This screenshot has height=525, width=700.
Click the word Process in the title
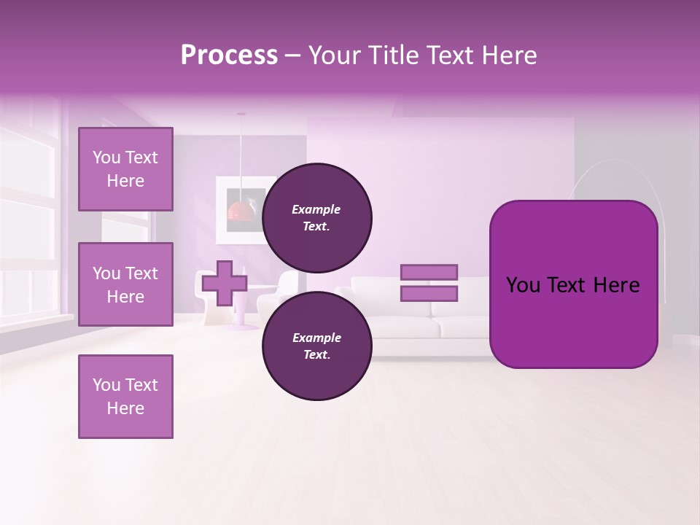pos(229,55)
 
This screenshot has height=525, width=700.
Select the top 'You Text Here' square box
pos(125,169)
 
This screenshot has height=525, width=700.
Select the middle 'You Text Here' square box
pos(125,284)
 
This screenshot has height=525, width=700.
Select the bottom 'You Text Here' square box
pos(125,397)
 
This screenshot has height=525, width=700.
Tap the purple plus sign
pos(225,283)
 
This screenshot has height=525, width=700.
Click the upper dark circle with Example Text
pos(317,217)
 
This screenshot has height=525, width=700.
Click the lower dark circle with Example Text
pos(317,346)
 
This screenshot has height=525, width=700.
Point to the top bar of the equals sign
pos(429,272)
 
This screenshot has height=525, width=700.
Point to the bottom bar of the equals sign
pos(429,294)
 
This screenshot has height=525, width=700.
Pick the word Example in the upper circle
pos(316,209)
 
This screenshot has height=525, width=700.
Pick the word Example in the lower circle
pos(316,338)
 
